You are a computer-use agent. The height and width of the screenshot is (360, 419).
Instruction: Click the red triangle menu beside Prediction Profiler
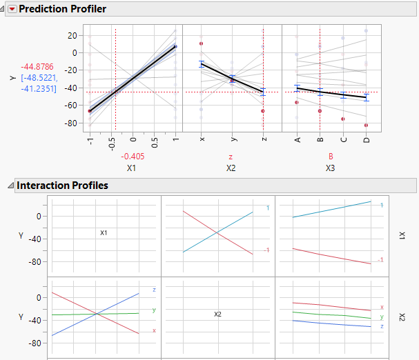click(11, 10)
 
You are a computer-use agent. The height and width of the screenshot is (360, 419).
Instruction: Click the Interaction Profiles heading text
click(62, 186)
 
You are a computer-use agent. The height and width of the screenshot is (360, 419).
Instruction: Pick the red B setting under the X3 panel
click(331, 157)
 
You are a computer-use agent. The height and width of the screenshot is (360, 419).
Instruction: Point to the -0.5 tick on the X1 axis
click(112, 143)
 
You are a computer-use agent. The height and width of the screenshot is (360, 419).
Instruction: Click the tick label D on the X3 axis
click(367, 141)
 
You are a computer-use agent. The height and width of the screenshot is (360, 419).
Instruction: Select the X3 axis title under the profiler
click(331, 168)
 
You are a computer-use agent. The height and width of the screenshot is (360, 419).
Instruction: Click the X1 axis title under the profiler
click(132, 168)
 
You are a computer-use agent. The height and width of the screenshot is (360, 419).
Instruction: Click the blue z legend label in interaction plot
click(153, 290)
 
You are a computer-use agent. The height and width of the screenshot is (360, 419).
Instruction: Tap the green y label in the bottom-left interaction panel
click(153, 310)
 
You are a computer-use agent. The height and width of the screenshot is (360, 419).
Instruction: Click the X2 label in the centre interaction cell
click(217, 314)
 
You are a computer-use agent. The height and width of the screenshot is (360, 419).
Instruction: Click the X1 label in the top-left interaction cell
click(104, 233)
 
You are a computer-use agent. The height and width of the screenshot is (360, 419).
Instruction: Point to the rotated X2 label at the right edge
click(401, 316)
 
